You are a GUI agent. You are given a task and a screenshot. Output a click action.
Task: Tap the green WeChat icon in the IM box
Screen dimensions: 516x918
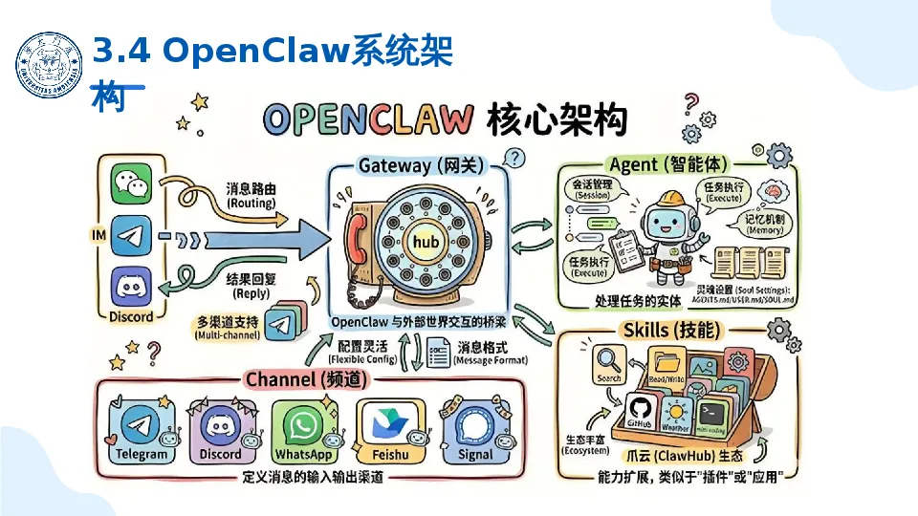pyautogui.click(x=131, y=183)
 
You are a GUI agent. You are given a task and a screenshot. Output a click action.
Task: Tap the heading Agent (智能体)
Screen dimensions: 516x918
pyautogui.click(x=659, y=163)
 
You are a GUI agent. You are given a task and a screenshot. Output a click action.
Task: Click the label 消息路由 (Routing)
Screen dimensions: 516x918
pyautogui.click(x=251, y=196)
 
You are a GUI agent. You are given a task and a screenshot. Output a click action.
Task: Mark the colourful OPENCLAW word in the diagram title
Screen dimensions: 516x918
pyautogui.click(x=368, y=120)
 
